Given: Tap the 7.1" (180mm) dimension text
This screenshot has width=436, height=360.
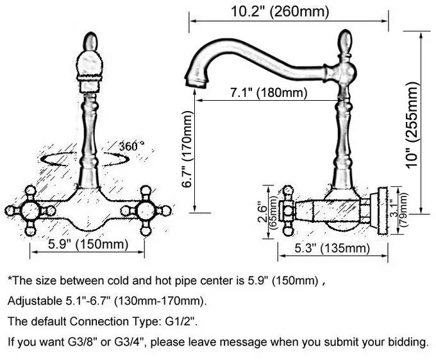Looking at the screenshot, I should [x=269, y=93].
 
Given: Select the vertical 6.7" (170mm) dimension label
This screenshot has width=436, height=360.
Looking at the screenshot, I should [x=187, y=150].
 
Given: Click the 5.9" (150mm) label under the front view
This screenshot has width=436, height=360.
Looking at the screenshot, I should [x=88, y=244].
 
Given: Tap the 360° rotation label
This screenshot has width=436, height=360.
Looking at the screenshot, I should [x=131, y=146].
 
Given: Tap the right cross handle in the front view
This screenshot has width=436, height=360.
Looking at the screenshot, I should [x=146, y=210].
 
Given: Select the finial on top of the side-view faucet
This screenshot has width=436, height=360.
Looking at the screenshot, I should [x=346, y=42].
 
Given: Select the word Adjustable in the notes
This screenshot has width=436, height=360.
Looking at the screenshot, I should [x=31, y=301].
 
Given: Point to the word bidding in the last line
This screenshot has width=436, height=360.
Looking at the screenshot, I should [x=408, y=342].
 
